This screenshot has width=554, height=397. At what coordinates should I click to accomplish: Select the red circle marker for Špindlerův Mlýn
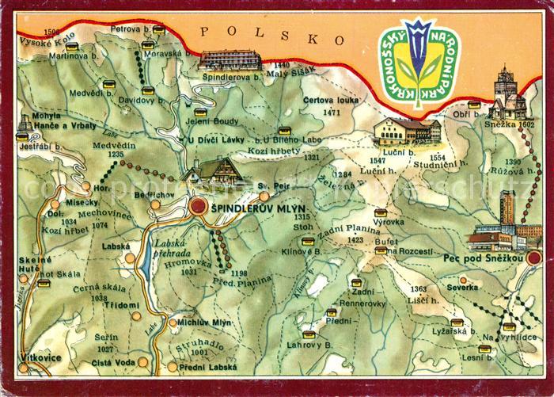pyautogui.click(x=198, y=208)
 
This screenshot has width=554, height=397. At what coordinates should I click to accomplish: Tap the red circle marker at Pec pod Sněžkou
pyautogui.click(x=535, y=257)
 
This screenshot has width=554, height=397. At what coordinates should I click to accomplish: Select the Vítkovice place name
pyautogui.click(x=41, y=358)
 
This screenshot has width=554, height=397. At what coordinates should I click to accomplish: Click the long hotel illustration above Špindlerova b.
pyautogui.click(x=230, y=59)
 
